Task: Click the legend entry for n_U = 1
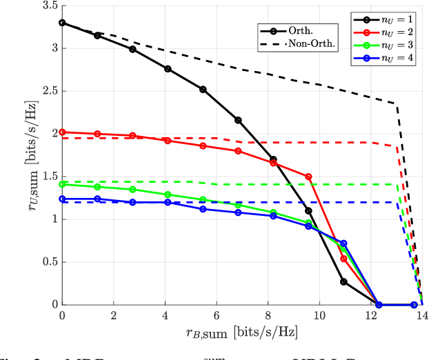[x=386, y=19]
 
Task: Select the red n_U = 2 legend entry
[x=386, y=32]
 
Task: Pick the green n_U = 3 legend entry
[x=386, y=46]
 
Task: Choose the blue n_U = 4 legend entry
[x=386, y=59]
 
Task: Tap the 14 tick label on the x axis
[x=421, y=315]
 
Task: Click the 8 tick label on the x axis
[x=268, y=315]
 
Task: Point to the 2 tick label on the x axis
[x=113, y=315]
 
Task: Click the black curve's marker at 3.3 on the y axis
[x=62, y=23]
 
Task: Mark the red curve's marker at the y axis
[x=62, y=132]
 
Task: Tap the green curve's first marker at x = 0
[x=62, y=184]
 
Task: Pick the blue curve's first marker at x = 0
[x=62, y=199]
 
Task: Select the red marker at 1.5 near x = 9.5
[x=308, y=177]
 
